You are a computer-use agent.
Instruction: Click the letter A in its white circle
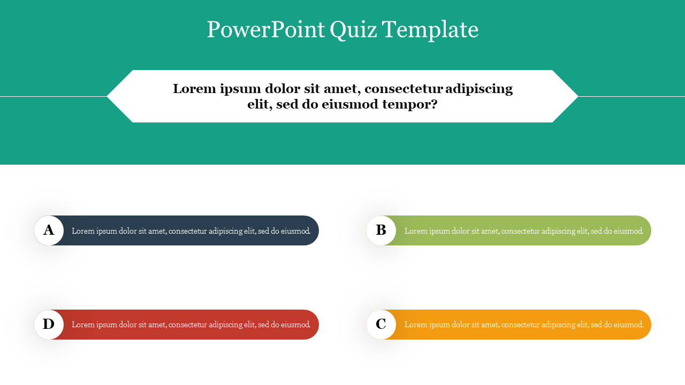click(x=49, y=230)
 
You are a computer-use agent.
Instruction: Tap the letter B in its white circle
click(x=381, y=230)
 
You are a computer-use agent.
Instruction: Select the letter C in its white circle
click(x=381, y=325)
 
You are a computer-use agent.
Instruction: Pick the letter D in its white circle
click(x=49, y=325)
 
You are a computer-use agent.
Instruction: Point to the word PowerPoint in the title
click(x=265, y=30)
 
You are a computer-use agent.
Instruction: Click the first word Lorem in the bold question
click(x=194, y=89)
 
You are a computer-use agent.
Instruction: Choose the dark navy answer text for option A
click(x=191, y=231)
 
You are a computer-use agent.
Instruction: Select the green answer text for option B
click(x=524, y=231)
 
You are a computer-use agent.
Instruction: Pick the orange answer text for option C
click(x=524, y=325)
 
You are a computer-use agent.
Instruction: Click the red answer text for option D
click(x=191, y=325)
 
